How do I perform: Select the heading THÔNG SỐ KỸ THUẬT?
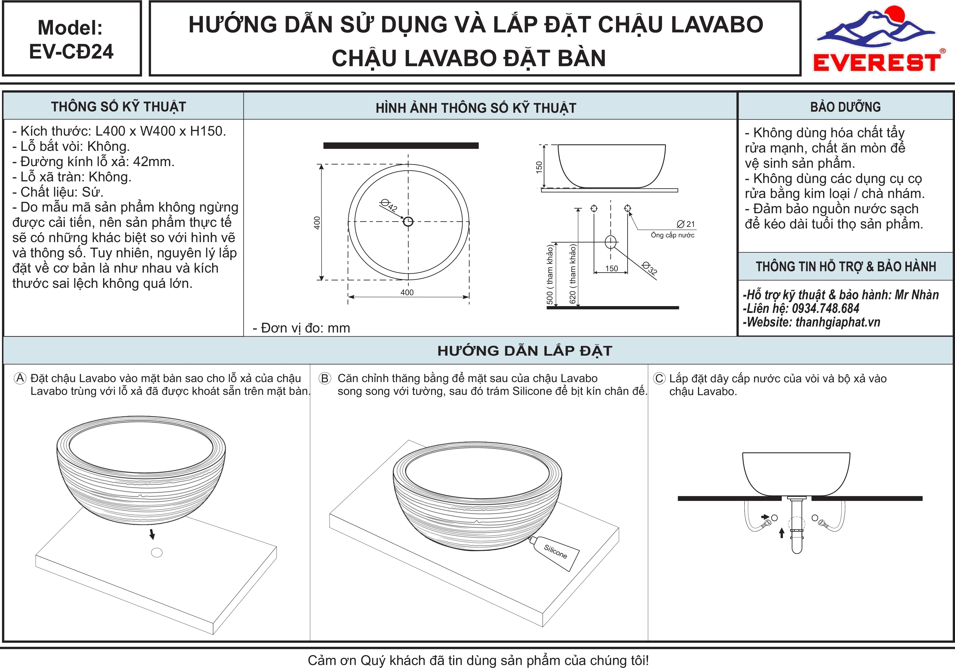coord(119,107)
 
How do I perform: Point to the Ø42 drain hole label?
coord(389,205)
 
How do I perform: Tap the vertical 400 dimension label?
coord(317,223)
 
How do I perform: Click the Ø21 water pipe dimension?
coord(686,224)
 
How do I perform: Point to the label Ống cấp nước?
coord(673,235)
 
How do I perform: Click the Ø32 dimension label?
coord(650,268)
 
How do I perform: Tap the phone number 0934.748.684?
coord(826,309)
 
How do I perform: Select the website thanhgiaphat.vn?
coord(838,322)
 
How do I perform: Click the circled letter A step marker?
coord(20,378)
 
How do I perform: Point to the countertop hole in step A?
coord(157,553)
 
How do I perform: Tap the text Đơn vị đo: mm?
coord(301,328)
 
